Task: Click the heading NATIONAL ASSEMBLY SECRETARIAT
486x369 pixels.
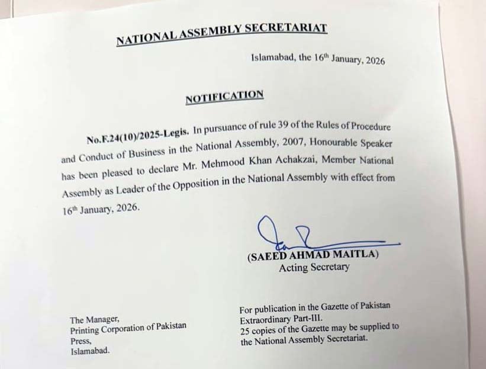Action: point(221,34)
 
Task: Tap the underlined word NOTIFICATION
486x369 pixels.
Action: point(224,97)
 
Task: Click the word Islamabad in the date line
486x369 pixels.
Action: point(271,58)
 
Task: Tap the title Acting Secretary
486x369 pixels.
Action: point(314,267)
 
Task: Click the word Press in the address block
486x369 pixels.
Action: point(80,341)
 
